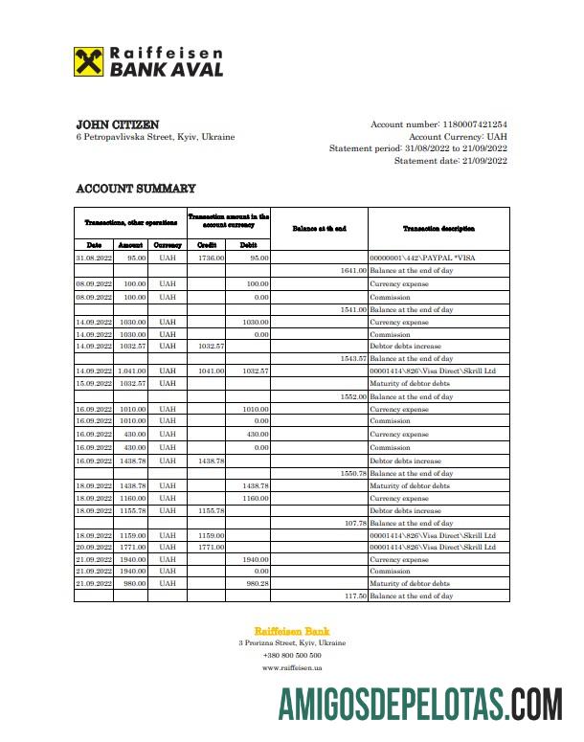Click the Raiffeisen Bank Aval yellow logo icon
(89, 62)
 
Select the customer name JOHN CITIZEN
(118, 124)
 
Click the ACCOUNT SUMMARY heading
(135, 189)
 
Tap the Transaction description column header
(438, 228)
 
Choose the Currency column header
(168, 245)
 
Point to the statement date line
(450, 161)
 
